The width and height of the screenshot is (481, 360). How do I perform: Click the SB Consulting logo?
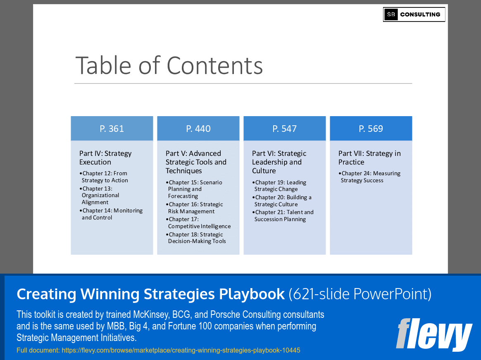[x=414, y=14]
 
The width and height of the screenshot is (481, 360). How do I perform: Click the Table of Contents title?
[x=169, y=65]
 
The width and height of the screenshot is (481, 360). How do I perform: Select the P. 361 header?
[x=112, y=129]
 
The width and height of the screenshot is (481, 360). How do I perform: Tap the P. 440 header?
[x=198, y=129]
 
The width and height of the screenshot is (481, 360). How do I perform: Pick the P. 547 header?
[x=284, y=129]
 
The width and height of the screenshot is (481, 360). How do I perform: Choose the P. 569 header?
[x=371, y=129]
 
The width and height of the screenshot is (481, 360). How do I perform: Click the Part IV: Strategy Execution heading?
[x=105, y=158]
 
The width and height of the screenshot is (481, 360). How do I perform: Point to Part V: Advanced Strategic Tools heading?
[x=196, y=162]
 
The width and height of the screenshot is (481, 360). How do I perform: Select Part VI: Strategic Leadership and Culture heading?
[x=279, y=162]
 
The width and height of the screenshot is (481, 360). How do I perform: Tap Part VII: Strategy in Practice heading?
[x=369, y=158]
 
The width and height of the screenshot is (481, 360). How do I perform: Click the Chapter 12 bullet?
[x=105, y=177]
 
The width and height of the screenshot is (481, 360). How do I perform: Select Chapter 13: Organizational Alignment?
[x=101, y=195]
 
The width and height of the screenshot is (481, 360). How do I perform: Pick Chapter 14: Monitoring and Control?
[x=112, y=214]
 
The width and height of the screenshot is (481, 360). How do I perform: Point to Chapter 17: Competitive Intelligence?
[x=199, y=223]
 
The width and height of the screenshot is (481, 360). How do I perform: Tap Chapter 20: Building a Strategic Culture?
[x=283, y=201]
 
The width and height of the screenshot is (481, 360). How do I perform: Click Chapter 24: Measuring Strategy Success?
[x=370, y=177]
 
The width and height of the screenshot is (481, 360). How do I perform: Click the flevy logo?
[x=434, y=334]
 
